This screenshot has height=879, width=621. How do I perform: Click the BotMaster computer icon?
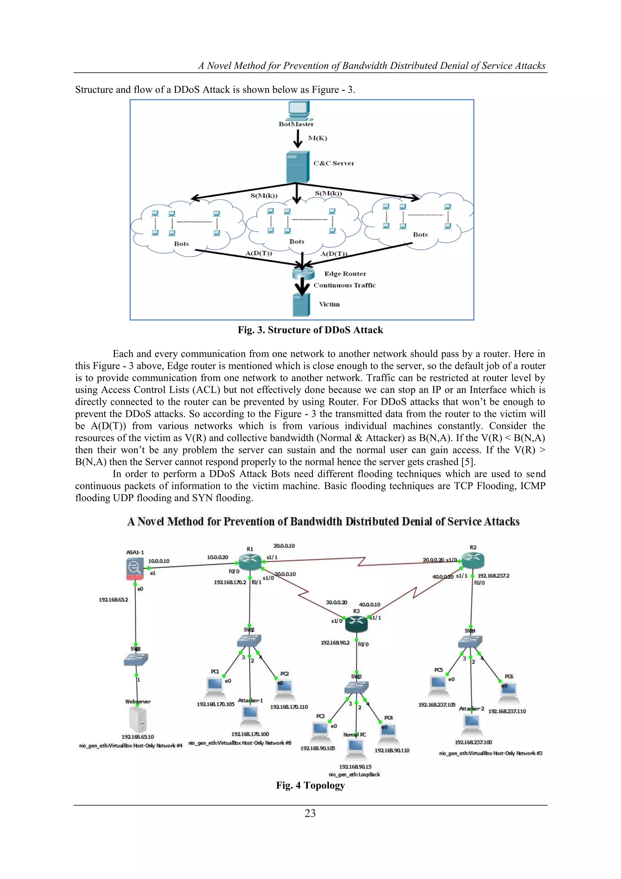(x=299, y=111)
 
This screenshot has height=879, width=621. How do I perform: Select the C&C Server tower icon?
(x=297, y=167)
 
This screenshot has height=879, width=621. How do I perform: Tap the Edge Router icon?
(x=303, y=273)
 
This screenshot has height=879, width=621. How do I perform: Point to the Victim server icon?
(x=301, y=305)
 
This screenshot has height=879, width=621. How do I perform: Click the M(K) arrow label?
(x=317, y=138)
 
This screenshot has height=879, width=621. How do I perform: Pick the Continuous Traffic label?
(x=344, y=285)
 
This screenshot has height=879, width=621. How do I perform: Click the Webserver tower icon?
(x=138, y=719)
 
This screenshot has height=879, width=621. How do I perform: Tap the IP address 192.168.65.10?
(x=138, y=737)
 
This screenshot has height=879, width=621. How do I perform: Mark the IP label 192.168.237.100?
(x=473, y=742)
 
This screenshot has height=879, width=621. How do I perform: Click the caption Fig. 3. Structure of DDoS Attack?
(x=310, y=330)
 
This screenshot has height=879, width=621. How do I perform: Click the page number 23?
(x=310, y=813)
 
